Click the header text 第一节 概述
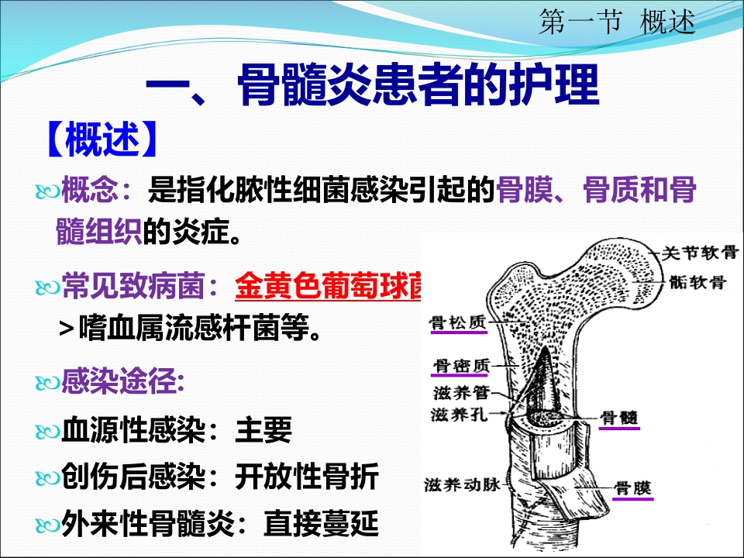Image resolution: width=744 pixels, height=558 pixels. click(x=616, y=23)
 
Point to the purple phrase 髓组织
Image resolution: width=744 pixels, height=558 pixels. click(x=98, y=230)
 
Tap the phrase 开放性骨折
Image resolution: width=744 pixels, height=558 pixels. click(x=306, y=477)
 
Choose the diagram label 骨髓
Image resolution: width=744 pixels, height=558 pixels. click(x=619, y=416)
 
